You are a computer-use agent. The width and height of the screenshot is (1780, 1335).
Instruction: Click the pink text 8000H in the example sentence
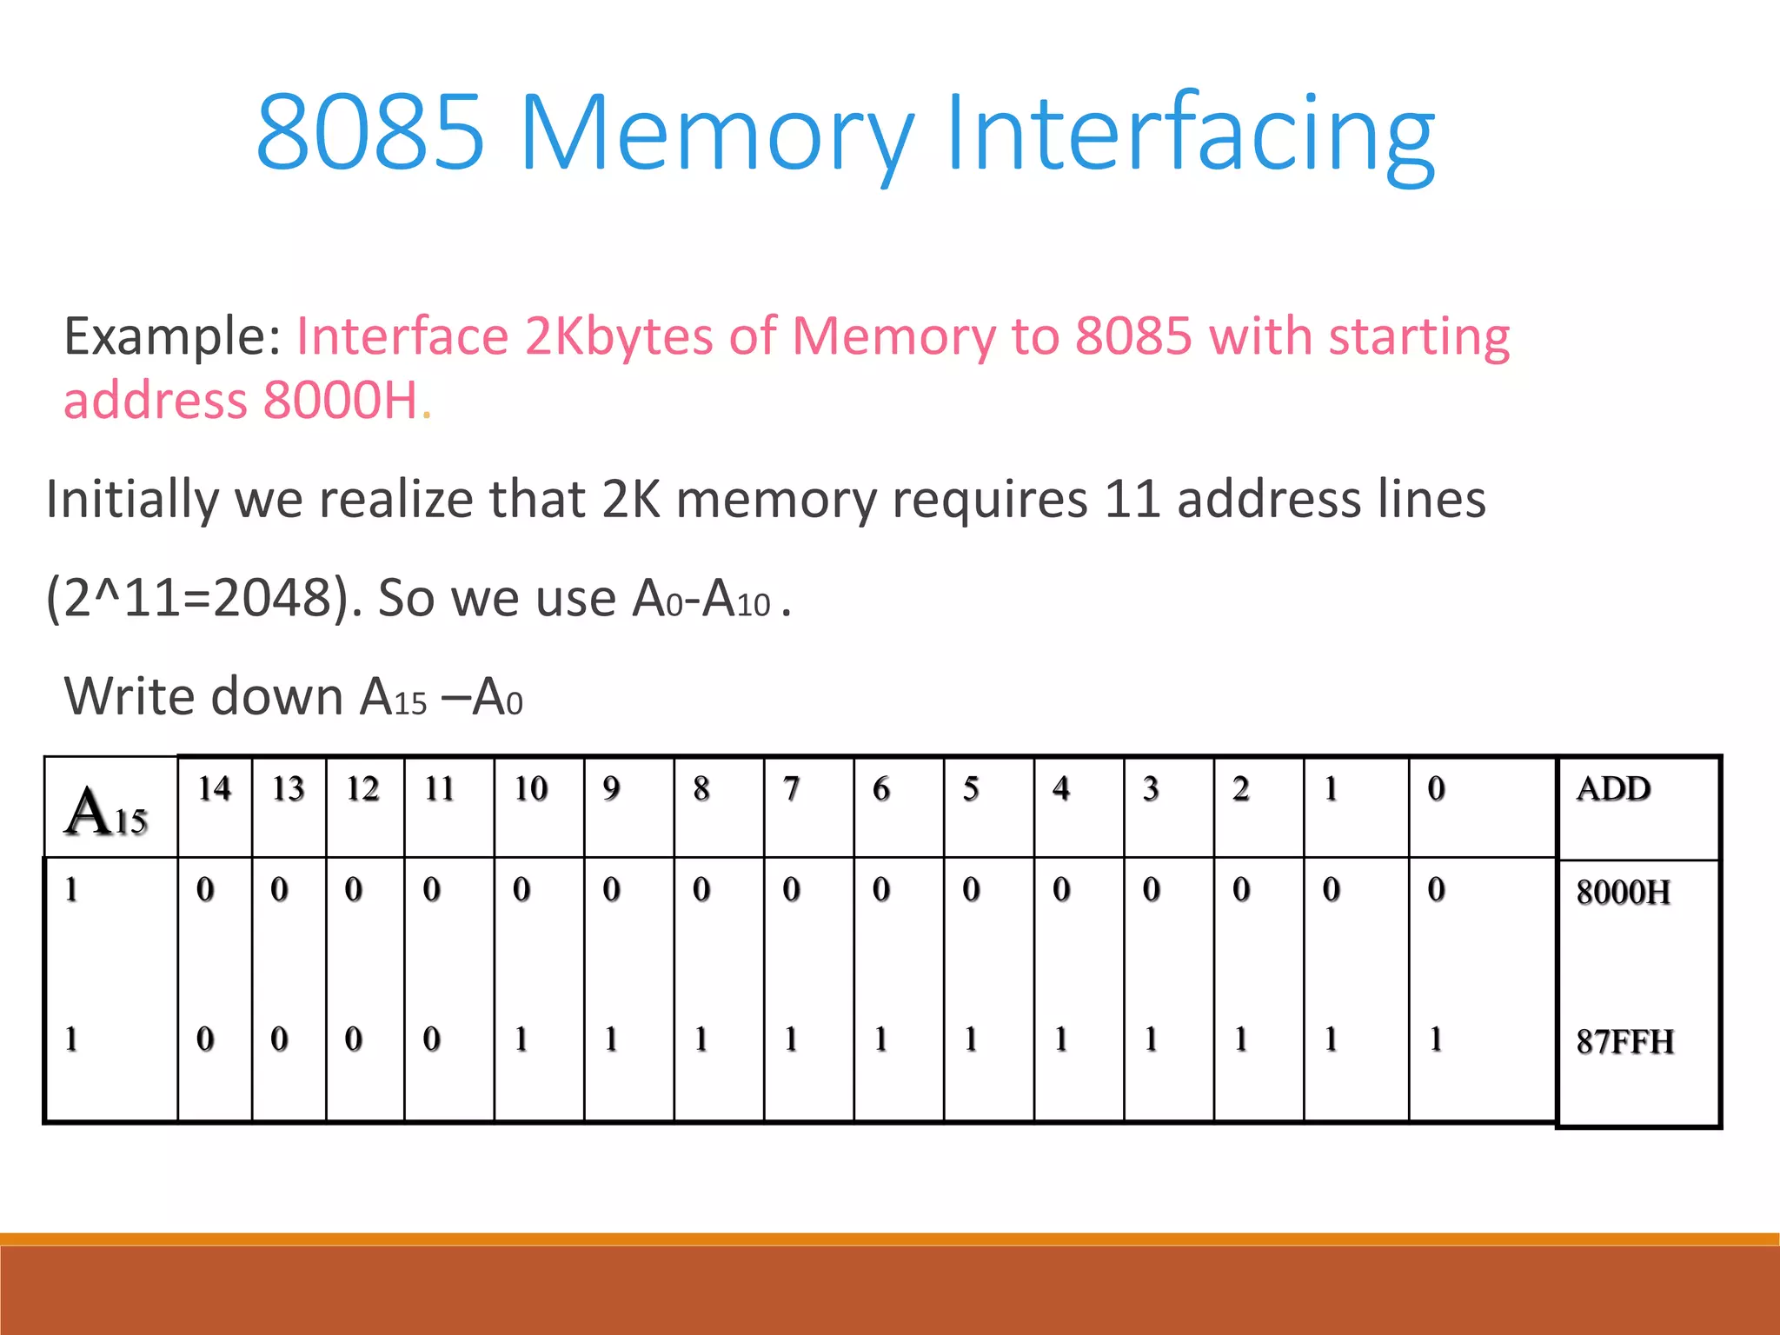point(341,401)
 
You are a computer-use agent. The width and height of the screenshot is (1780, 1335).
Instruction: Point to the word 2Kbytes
point(618,338)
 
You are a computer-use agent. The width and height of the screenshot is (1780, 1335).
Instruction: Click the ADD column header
point(1613,789)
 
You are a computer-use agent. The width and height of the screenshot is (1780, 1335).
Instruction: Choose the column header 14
point(215,789)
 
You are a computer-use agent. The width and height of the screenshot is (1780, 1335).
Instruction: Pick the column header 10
point(530,789)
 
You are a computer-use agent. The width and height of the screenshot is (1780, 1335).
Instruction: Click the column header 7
point(791,789)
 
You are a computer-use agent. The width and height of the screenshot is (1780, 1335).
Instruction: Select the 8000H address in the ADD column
point(1623,893)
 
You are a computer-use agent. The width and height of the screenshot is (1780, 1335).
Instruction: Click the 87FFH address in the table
point(1624,1042)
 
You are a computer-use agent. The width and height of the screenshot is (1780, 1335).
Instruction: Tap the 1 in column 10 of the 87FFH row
point(521,1039)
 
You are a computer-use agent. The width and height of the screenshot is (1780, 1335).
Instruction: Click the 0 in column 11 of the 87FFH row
point(431,1039)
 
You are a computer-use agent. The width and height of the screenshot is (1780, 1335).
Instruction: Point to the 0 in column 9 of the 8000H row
point(611,890)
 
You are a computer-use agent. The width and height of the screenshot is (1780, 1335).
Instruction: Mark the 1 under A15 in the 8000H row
point(71,890)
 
